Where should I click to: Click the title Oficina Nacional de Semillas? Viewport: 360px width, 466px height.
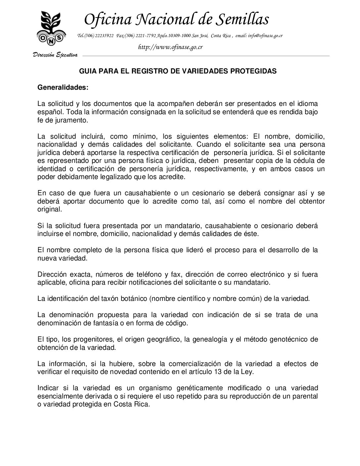click(176, 19)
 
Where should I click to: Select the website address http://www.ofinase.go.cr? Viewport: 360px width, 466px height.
click(170, 47)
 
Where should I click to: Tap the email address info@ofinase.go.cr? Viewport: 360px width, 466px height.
click(265, 36)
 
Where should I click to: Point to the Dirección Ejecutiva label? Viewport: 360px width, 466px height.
click(55, 55)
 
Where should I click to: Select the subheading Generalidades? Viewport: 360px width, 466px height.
click(63, 88)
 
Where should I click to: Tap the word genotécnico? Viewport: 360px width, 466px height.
click(290, 339)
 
